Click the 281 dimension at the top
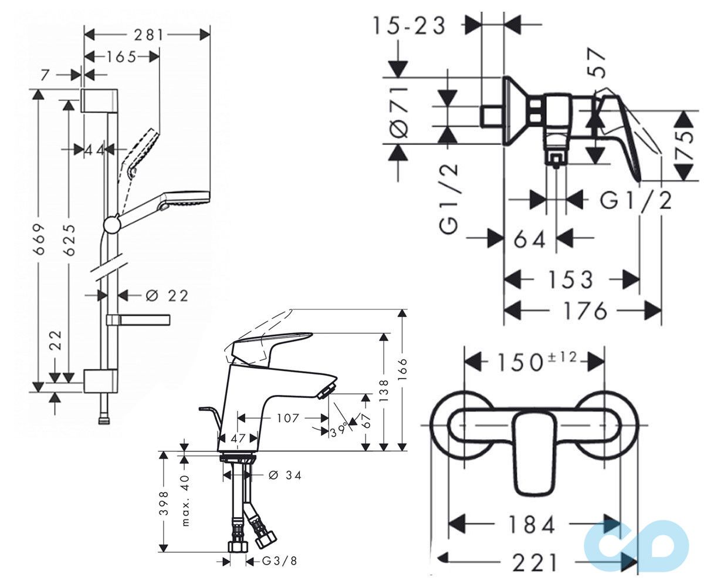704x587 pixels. [x=148, y=35]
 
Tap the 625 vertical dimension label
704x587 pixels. [x=69, y=239]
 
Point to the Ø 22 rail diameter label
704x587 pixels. [x=167, y=296]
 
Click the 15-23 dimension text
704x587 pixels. [x=409, y=26]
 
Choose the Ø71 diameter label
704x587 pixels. [x=399, y=112]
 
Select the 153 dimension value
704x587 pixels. [x=571, y=280]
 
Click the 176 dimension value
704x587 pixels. [x=585, y=311]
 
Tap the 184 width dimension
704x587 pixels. [x=532, y=525]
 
